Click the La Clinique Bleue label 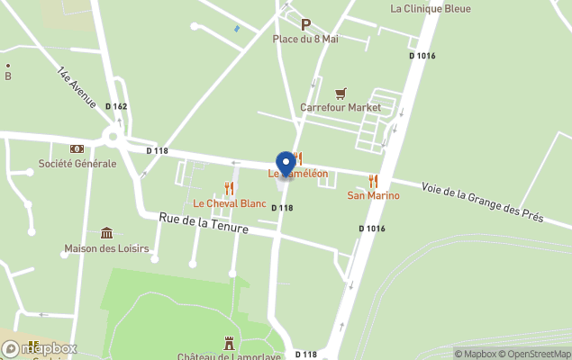(x=431, y=9)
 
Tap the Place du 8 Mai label (x=305, y=39)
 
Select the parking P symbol (x=305, y=25)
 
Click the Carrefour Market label (x=340, y=107)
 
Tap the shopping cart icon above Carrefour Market (x=340, y=93)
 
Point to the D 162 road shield (x=116, y=106)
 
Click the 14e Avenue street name (x=76, y=88)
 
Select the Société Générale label (x=77, y=164)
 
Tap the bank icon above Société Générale (x=77, y=148)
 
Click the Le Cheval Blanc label (x=230, y=203)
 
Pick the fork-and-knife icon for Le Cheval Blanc (x=229, y=188)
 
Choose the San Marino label (x=373, y=195)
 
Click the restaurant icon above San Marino (x=373, y=181)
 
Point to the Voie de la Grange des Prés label (x=482, y=202)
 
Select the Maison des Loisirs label (x=106, y=248)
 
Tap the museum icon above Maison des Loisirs (x=106, y=233)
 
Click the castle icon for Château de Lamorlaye (x=229, y=342)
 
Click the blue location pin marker (x=286, y=164)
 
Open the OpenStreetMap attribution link (x=538, y=354)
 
